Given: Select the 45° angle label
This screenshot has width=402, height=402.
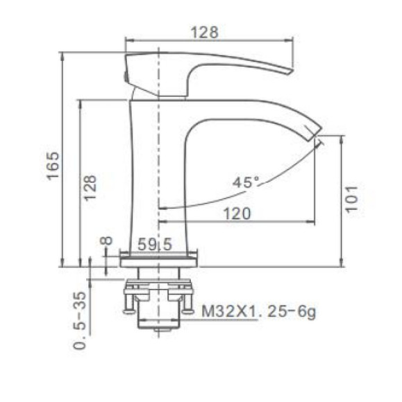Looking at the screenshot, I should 246,182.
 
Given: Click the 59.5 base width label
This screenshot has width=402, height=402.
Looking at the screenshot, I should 155,244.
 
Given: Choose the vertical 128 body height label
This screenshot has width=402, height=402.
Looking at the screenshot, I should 91,187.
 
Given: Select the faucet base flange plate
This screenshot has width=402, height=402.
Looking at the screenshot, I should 160,261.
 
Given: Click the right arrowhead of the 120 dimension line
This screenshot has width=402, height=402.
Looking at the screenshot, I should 312,222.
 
